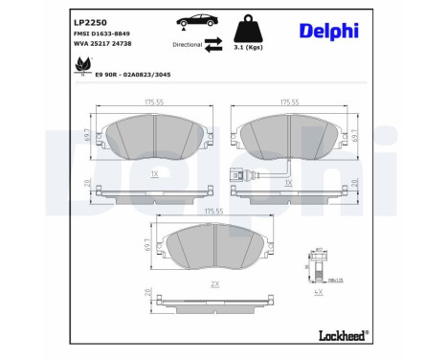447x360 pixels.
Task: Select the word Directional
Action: (187, 44)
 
